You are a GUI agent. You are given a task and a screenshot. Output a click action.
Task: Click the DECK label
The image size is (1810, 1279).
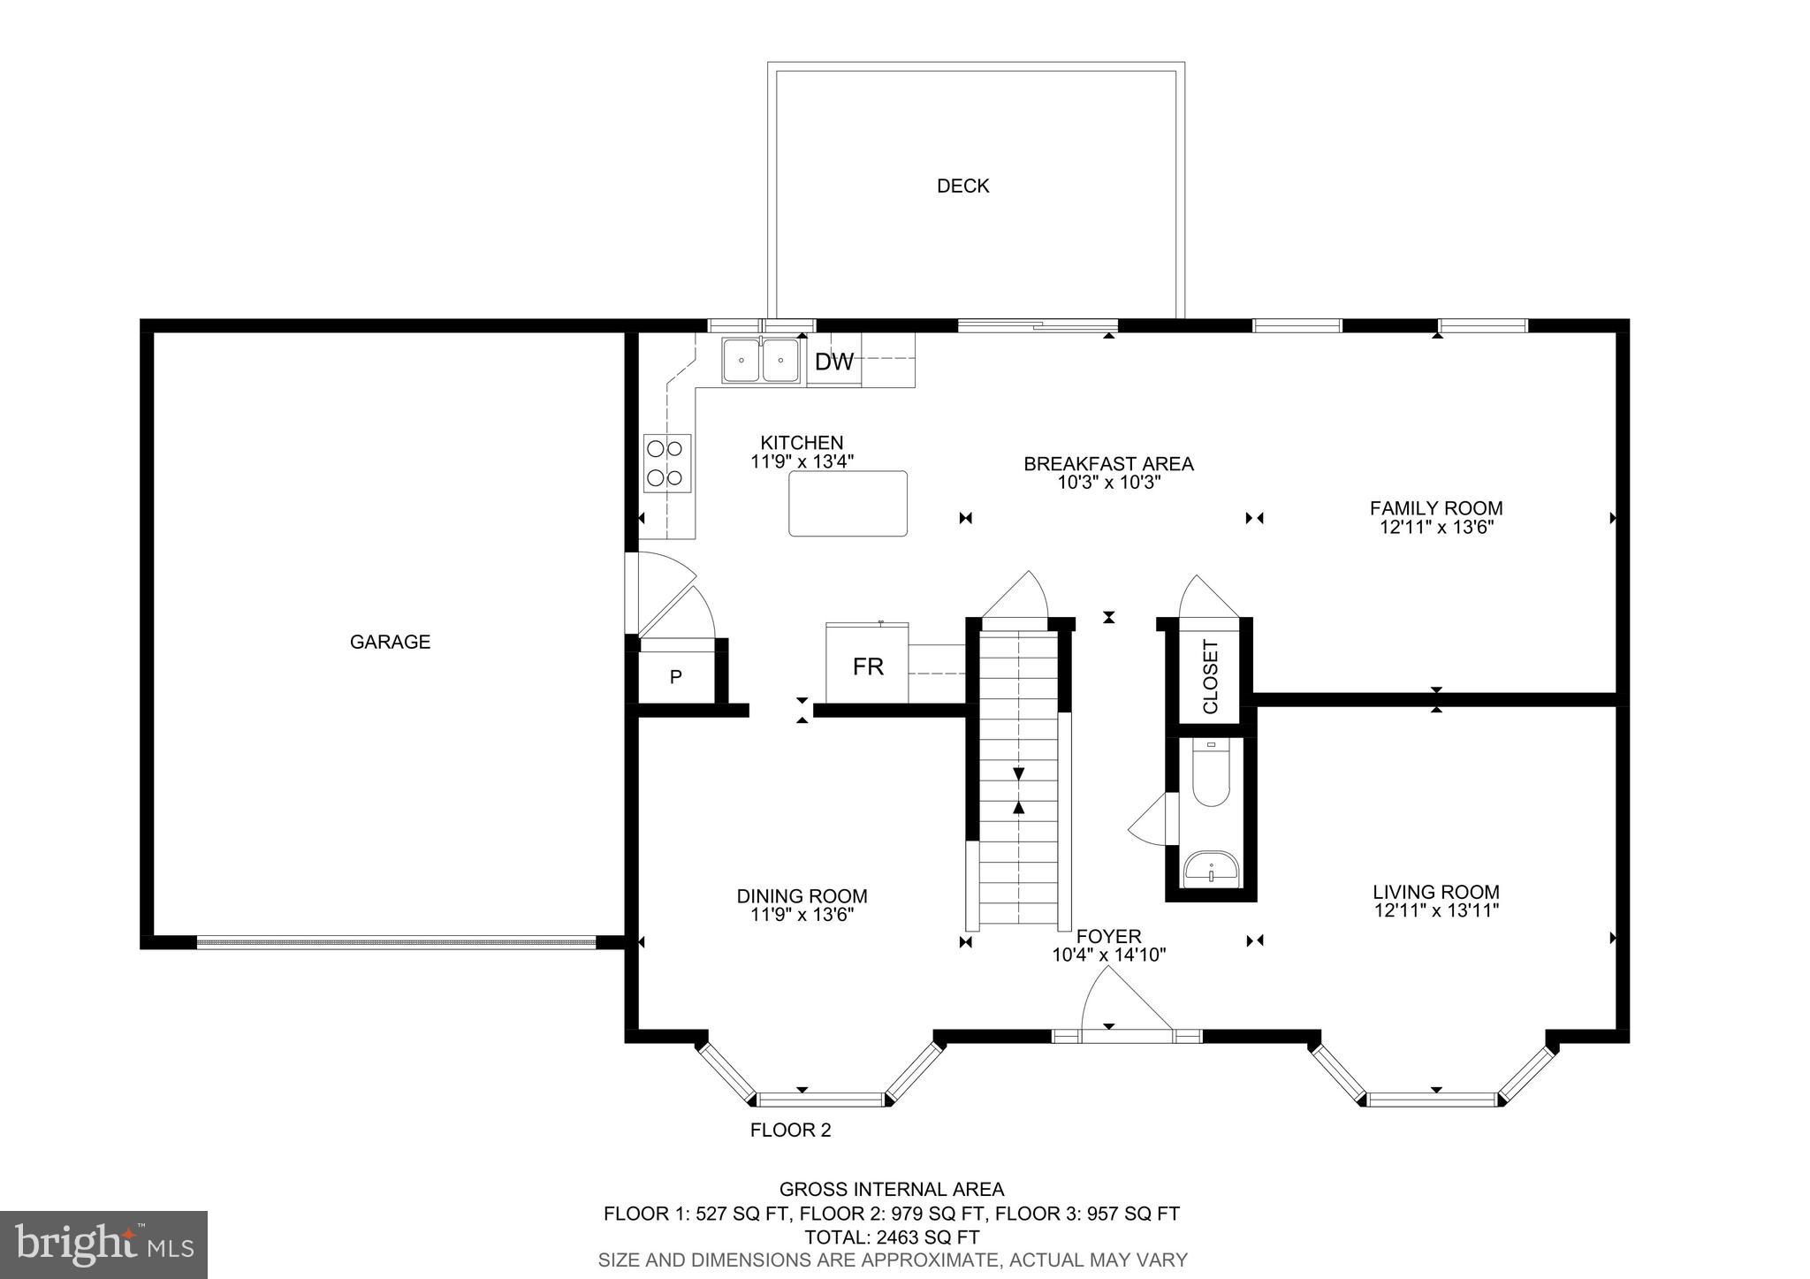[x=962, y=186]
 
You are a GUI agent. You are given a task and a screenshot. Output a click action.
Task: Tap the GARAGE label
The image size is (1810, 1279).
[x=390, y=642]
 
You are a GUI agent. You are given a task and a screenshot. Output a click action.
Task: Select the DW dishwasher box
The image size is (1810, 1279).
[x=833, y=362]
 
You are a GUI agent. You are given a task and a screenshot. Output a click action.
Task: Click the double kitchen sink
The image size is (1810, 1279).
[x=761, y=361]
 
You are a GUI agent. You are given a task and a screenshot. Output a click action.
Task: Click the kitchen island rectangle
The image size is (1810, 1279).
[x=848, y=503]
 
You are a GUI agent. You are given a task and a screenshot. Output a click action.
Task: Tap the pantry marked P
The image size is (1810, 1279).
[x=675, y=678]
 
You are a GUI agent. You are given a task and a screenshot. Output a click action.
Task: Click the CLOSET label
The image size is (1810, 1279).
[x=1210, y=676]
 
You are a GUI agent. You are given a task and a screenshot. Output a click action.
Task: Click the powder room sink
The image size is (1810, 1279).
[x=1210, y=868]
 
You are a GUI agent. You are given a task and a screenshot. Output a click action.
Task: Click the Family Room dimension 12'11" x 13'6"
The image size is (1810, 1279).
[x=1436, y=528]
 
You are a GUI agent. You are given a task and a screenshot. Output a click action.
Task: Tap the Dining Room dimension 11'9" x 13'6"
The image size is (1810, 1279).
[x=802, y=915]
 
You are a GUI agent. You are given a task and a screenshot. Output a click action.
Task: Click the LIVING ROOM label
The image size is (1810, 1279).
[x=1436, y=892]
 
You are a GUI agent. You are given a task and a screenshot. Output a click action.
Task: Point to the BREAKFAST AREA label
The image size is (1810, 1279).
[x=1108, y=464]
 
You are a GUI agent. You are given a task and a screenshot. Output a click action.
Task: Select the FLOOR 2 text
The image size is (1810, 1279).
[x=790, y=1130]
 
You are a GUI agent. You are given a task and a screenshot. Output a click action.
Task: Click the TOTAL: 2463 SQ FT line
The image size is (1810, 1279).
[x=891, y=1237]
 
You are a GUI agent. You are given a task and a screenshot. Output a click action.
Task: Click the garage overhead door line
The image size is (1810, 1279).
[x=396, y=943]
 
